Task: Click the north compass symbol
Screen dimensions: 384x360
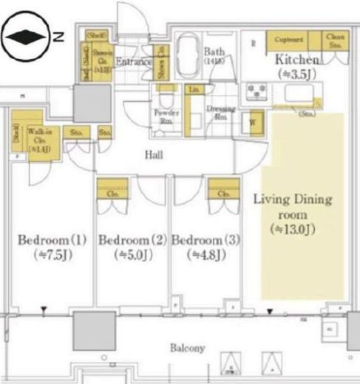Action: click(x=27, y=35)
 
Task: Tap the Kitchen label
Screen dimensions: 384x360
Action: click(x=297, y=59)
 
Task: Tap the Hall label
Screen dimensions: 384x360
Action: click(x=153, y=156)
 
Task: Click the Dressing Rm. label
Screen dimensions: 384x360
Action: click(x=220, y=112)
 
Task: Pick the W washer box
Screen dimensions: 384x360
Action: click(x=252, y=123)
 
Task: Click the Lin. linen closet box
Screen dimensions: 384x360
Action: click(x=194, y=90)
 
